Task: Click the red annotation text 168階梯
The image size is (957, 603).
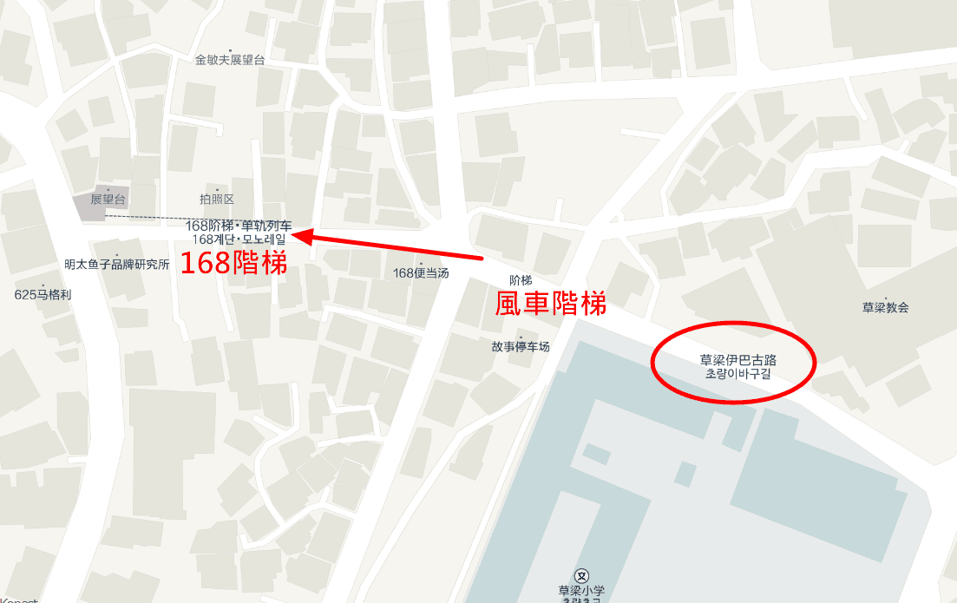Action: (233, 263)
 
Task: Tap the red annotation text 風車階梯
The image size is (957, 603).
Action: (549, 303)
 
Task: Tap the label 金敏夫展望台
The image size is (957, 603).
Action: (230, 60)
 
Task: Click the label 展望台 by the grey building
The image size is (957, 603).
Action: (108, 200)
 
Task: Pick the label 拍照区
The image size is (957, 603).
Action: (217, 200)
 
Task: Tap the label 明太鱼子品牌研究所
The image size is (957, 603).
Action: (117, 265)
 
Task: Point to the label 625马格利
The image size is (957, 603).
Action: (43, 294)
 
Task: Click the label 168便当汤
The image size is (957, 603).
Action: (422, 272)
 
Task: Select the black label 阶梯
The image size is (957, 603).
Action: (521, 280)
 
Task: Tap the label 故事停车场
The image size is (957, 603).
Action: (521, 347)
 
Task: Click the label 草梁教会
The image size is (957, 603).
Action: (885, 307)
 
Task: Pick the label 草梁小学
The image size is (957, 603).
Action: (581, 591)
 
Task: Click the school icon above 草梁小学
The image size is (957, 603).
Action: (582, 575)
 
